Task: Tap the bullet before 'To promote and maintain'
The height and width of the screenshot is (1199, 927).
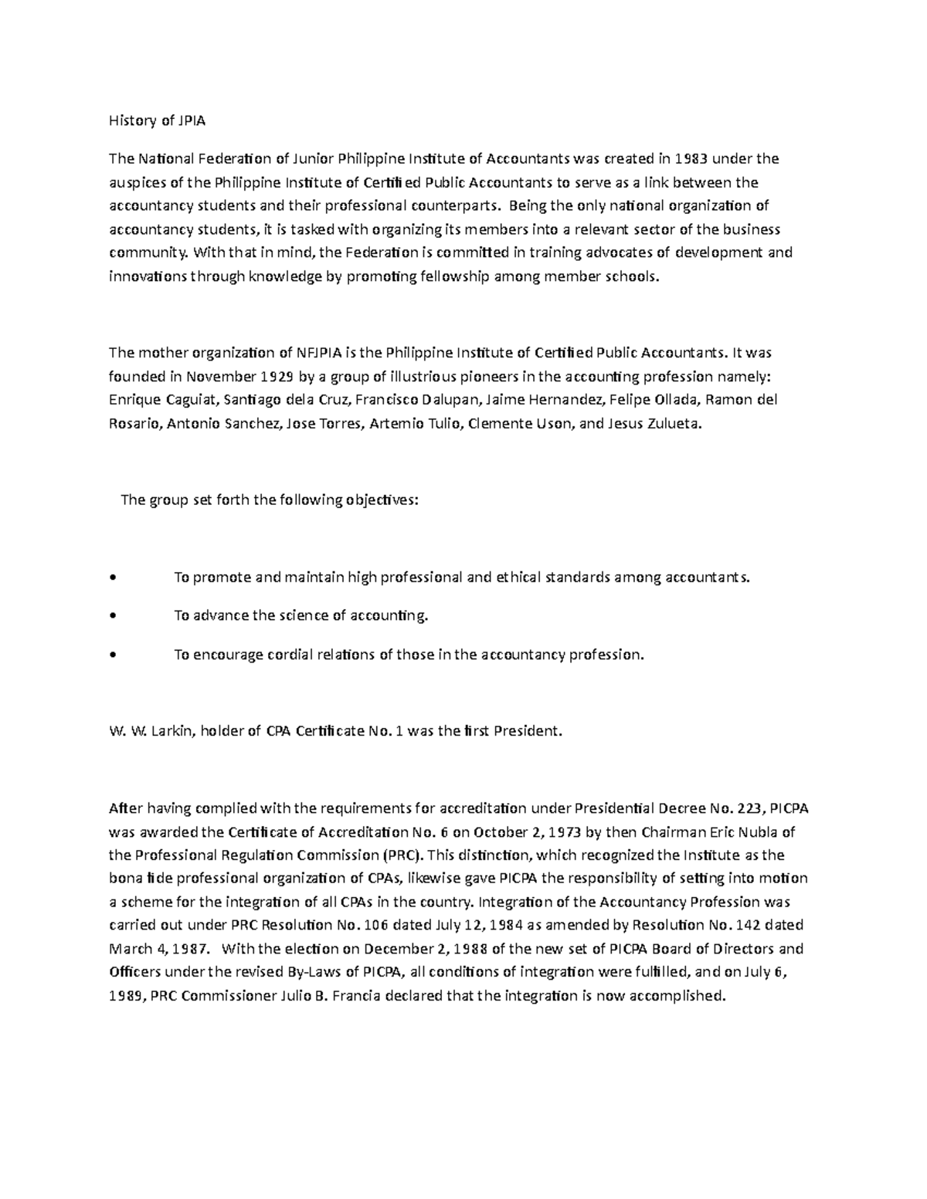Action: click(114, 577)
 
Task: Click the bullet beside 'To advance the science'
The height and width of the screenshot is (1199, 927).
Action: click(114, 616)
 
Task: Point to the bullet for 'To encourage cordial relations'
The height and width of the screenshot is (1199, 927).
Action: click(114, 655)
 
